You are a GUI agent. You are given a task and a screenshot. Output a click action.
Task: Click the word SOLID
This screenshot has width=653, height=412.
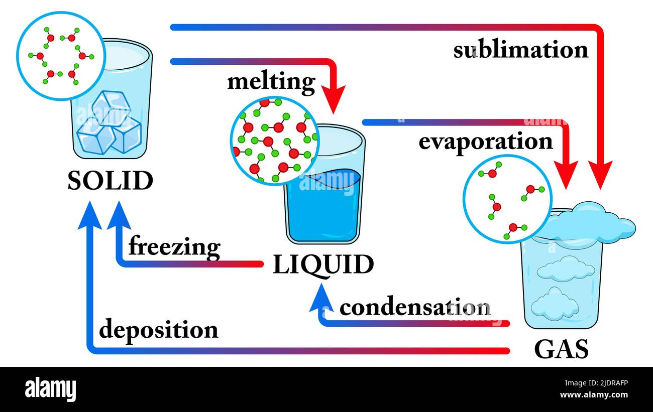110,181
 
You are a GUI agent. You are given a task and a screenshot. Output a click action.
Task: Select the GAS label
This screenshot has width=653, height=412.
561,349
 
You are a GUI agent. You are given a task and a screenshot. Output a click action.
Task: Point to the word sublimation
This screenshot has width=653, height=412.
520,50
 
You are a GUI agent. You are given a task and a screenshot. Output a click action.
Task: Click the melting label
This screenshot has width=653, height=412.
271,82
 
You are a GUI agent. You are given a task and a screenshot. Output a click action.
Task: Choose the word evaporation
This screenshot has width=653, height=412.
485,142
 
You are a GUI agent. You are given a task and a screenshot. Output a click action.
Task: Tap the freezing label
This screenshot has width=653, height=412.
174,247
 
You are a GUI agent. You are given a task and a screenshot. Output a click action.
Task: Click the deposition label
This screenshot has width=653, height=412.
159,330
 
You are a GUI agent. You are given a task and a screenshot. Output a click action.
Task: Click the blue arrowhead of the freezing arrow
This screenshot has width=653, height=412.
120,214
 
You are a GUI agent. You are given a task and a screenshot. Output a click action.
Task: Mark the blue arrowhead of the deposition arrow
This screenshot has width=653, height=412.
90,214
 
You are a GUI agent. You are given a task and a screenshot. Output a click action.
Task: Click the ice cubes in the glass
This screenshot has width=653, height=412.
110,124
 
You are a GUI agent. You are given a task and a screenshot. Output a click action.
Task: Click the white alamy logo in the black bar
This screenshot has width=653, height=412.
50,389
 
